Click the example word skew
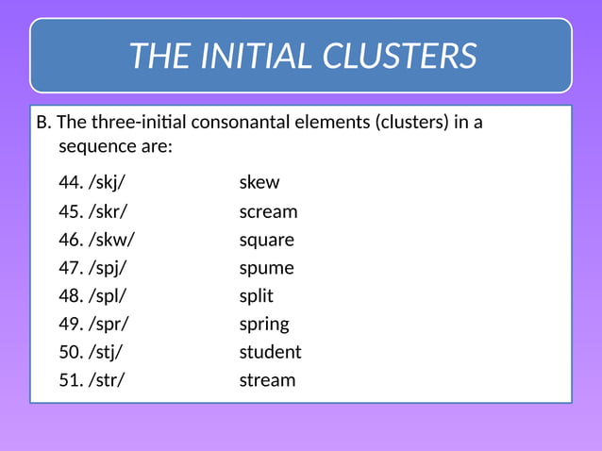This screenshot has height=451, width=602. (259, 182)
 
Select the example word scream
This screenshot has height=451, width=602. (268, 211)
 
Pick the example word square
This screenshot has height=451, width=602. (266, 240)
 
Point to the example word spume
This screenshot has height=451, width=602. (266, 268)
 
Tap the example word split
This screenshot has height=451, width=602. (256, 295)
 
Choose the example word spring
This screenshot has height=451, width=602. (264, 324)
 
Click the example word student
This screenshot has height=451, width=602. (270, 352)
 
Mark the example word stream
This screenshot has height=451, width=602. (267, 380)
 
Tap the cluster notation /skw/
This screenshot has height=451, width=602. (111, 240)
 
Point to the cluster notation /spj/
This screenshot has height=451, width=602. (108, 268)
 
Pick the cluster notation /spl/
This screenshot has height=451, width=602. (107, 295)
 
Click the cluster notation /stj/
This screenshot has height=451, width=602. (106, 352)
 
